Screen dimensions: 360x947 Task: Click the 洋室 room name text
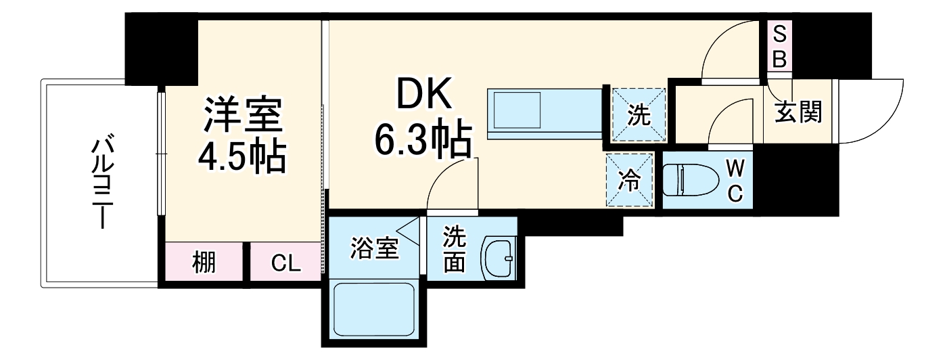(x=242, y=116)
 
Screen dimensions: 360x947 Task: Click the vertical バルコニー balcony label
(x=101, y=183)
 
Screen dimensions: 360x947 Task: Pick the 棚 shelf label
(x=204, y=262)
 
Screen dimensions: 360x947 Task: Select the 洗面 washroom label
(x=454, y=248)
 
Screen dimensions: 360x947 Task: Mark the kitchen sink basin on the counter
(x=517, y=110)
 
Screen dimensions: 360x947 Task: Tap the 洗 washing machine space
(x=639, y=116)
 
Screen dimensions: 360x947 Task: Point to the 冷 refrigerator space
(x=630, y=180)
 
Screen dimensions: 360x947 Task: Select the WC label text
(x=735, y=181)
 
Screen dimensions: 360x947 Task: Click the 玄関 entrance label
(x=798, y=112)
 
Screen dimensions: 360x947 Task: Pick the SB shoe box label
(x=780, y=45)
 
